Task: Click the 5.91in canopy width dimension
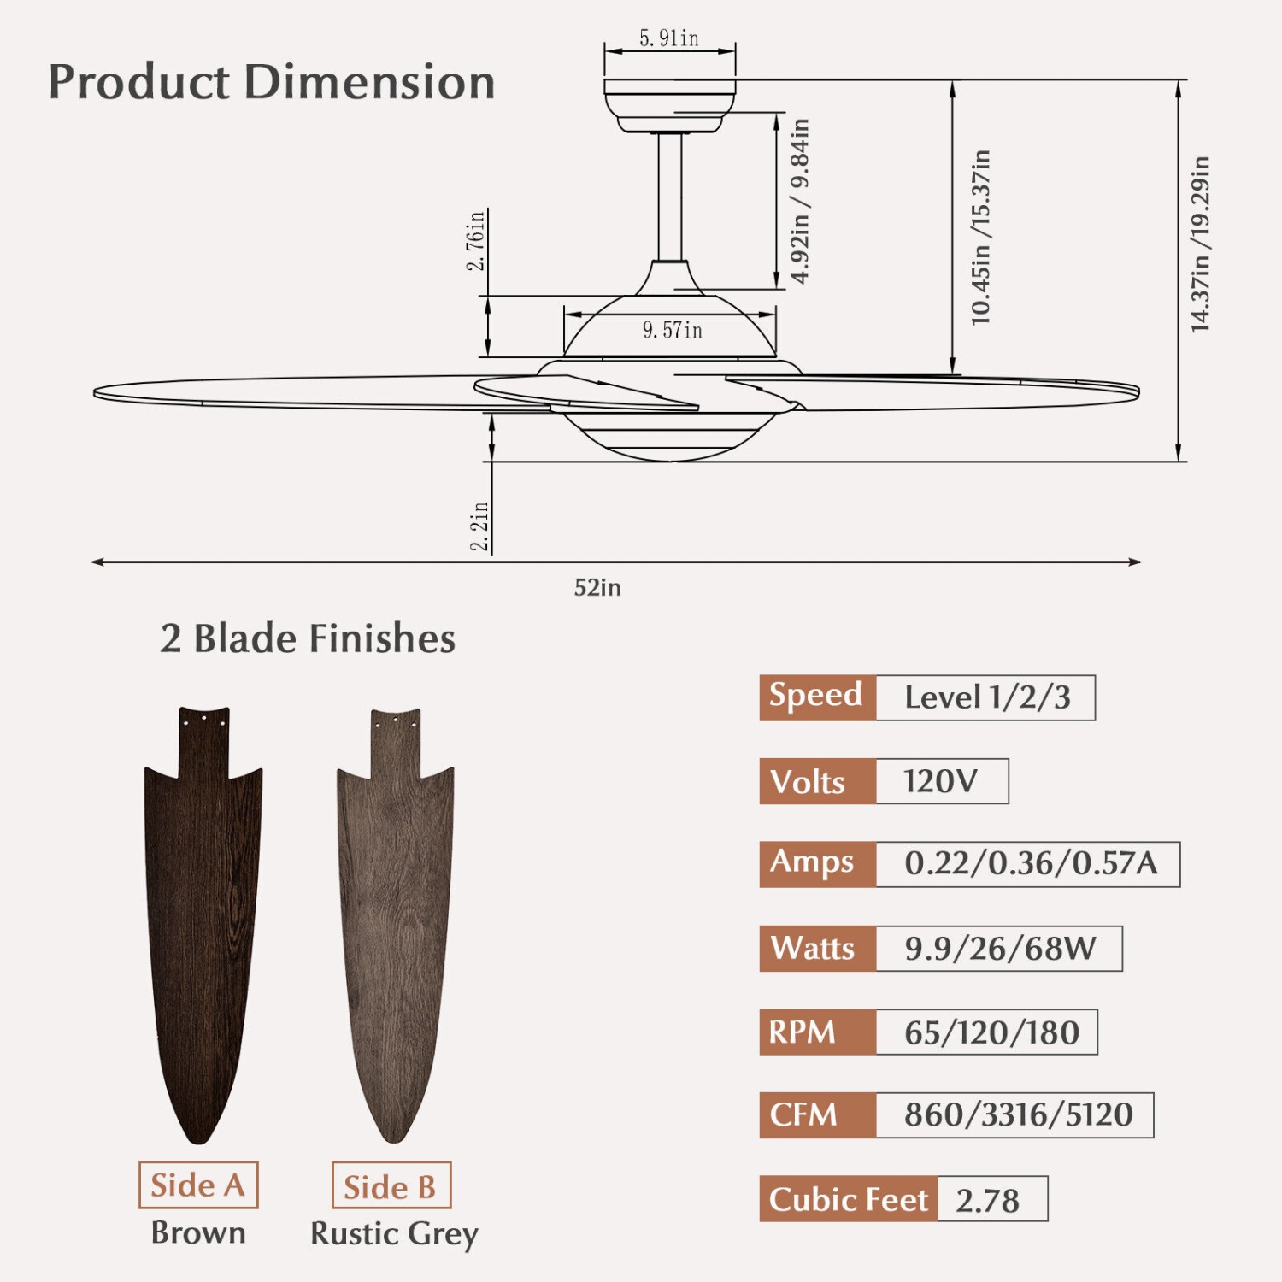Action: tap(669, 38)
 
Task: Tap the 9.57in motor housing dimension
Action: tap(672, 330)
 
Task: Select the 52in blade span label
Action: tap(597, 588)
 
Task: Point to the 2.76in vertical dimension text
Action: tap(476, 240)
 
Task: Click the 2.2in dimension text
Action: tap(480, 526)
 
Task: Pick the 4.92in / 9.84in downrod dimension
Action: tap(800, 202)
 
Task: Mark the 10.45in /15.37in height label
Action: tap(981, 238)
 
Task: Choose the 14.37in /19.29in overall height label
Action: tap(1201, 244)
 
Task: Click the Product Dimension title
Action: tap(272, 82)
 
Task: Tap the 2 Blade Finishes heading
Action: tap(308, 638)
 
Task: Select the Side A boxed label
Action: tap(198, 1185)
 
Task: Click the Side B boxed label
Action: tap(391, 1186)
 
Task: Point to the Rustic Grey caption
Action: tap(394, 1233)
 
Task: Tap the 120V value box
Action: tap(941, 781)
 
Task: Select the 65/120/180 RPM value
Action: tap(991, 1032)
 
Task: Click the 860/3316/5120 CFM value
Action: tap(1018, 1115)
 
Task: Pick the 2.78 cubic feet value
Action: tap(989, 1200)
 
